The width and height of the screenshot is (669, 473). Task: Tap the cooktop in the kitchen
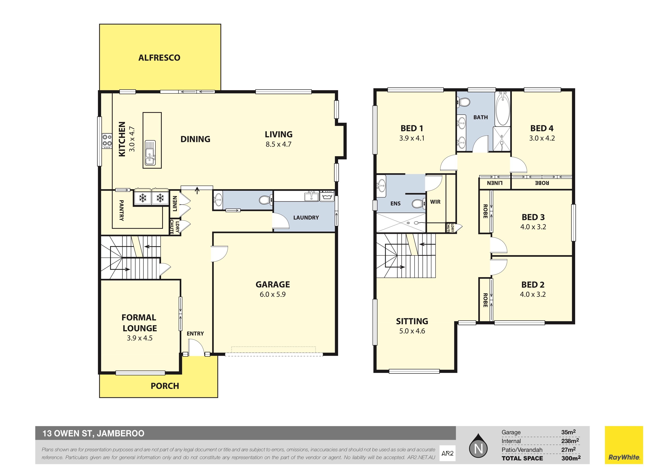coord(107,141)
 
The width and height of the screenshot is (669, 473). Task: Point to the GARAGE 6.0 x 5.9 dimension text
coord(273,294)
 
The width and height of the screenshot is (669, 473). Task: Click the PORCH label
coord(165,386)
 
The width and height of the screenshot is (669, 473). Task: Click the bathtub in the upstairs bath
coord(503,109)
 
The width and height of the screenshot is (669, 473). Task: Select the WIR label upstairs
coord(435,202)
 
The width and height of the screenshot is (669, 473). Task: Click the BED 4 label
coord(542,128)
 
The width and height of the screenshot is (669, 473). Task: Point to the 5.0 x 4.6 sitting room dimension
coord(412,331)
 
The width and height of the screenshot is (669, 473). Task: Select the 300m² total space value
coord(571,458)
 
